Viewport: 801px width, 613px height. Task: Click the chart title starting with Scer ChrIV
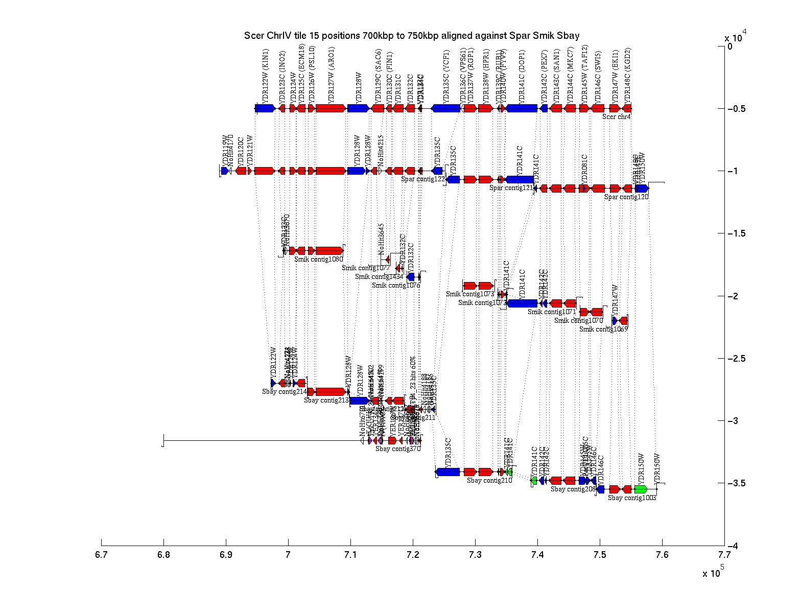[x=412, y=36]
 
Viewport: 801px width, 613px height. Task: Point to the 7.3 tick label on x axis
[x=475, y=555]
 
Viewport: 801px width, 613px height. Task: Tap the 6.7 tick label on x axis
[x=101, y=555]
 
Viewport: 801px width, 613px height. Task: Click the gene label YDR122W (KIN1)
[x=265, y=76]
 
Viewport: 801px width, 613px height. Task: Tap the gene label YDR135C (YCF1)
[x=446, y=76]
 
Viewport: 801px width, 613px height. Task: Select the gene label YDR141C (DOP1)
[x=522, y=76]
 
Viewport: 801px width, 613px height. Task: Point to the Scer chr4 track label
[x=616, y=116]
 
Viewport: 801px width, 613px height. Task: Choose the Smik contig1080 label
[x=318, y=259]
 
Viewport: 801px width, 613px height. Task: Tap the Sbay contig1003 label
[x=631, y=498]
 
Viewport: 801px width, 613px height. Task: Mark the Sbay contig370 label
[x=398, y=449]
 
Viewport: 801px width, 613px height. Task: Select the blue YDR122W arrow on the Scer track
[x=265, y=108]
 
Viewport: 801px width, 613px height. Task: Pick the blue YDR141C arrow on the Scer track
[x=521, y=108]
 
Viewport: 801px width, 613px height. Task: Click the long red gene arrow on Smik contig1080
[x=329, y=250]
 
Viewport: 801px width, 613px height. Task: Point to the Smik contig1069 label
[x=603, y=329]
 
